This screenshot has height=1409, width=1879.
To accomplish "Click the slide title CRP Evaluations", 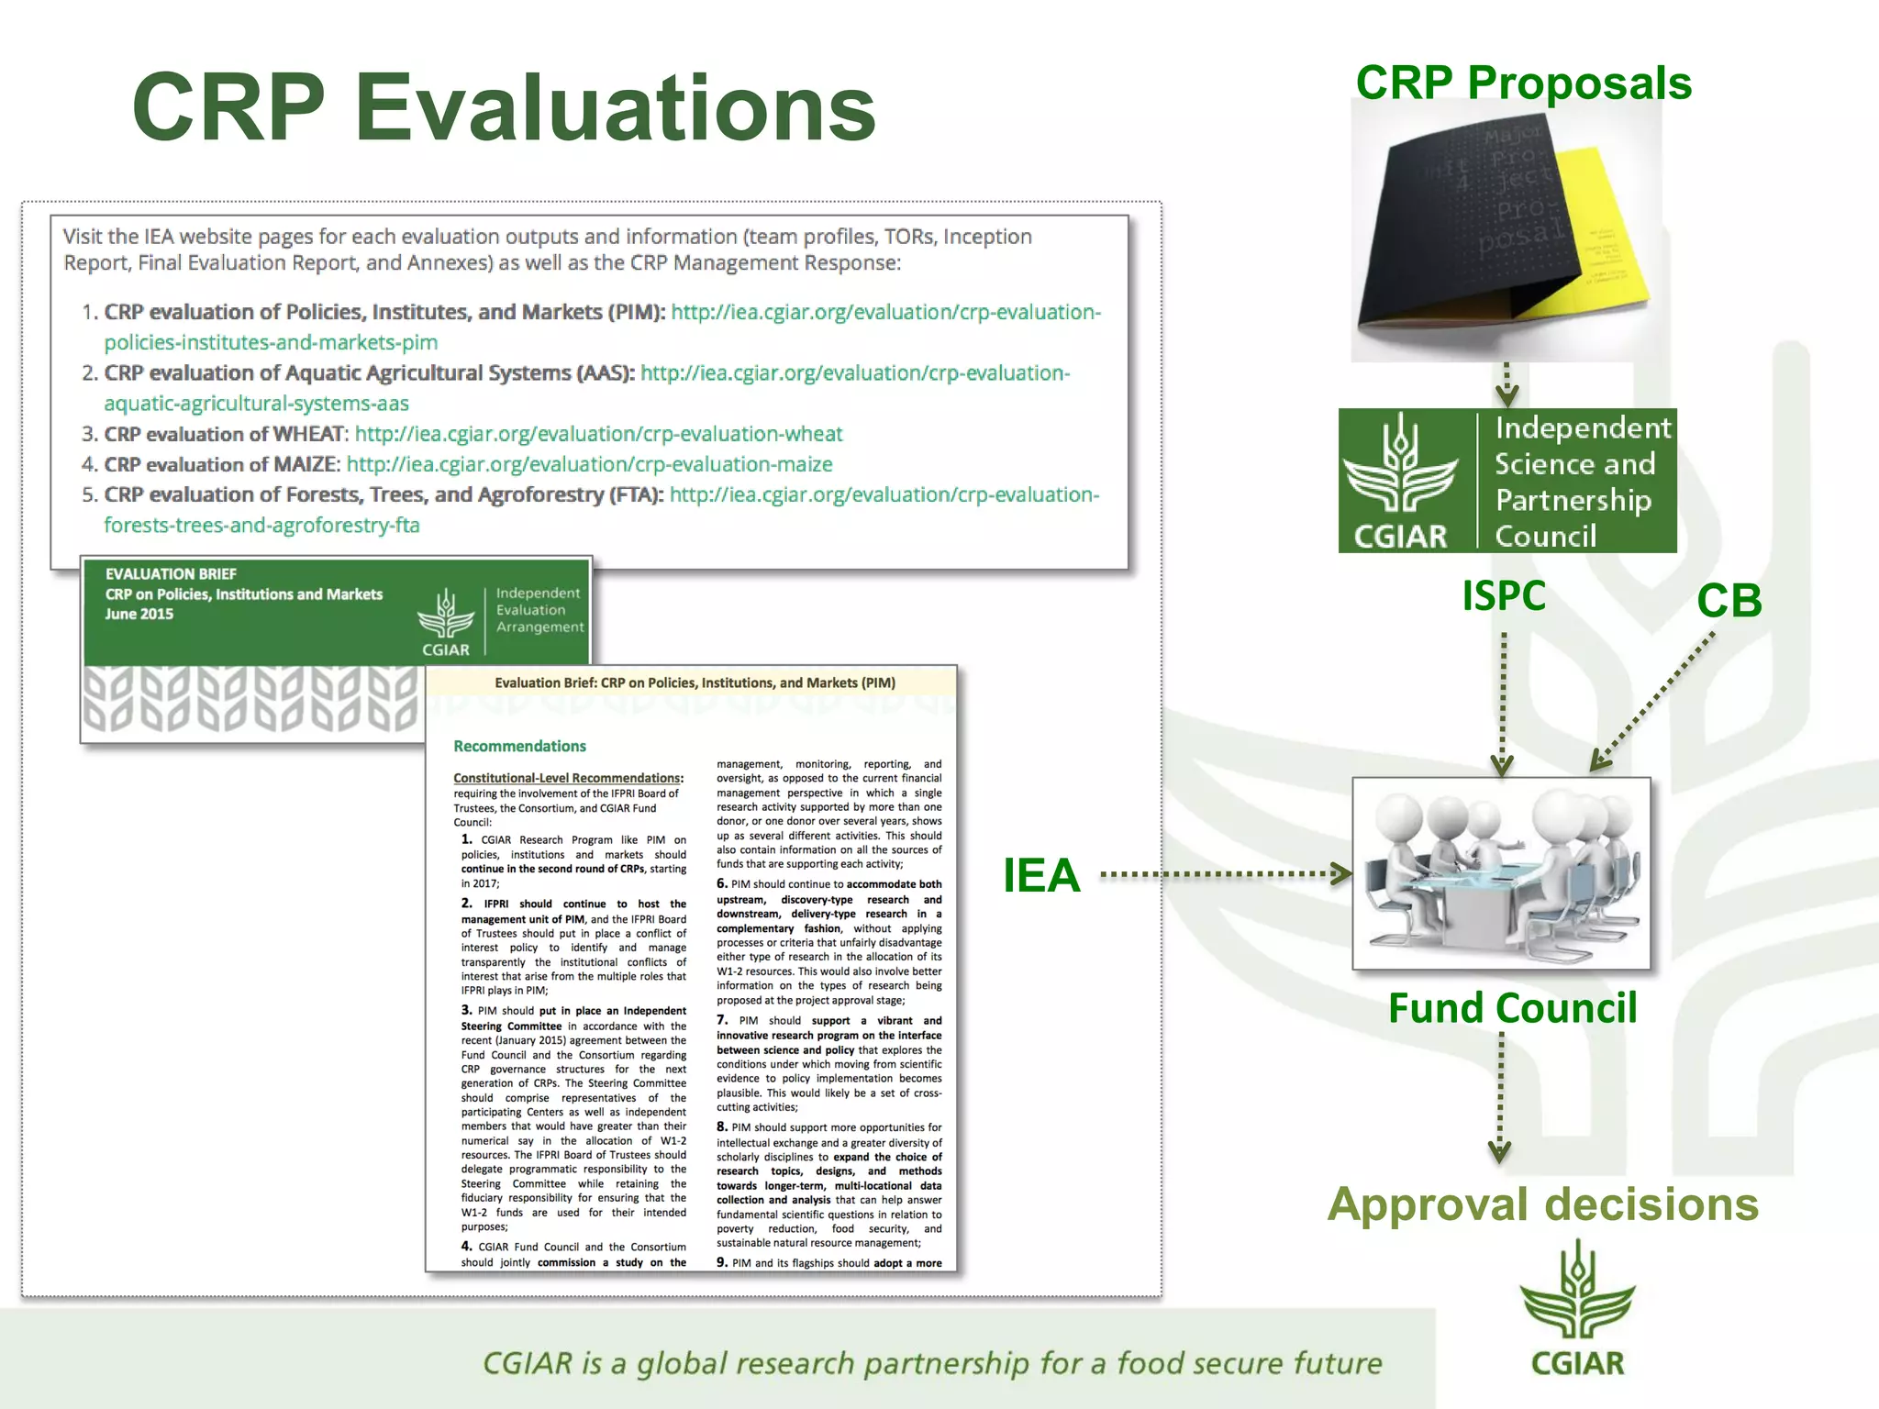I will pyautogui.click(x=504, y=107).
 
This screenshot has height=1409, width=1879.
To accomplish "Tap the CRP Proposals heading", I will pyautogui.click(x=1523, y=83).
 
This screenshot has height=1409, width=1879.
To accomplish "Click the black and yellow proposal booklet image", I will pyautogui.click(x=1505, y=231).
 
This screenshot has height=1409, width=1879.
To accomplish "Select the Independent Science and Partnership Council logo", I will pyautogui.click(x=1507, y=481).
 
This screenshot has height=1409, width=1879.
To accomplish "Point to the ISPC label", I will pyautogui.click(x=1503, y=595).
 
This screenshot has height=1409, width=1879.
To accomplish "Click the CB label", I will pyautogui.click(x=1729, y=601).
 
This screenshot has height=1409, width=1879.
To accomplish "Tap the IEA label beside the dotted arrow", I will pyautogui.click(x=1040, y=874).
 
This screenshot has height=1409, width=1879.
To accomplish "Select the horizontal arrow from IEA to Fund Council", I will pyautogui.click(x=1225, y=874).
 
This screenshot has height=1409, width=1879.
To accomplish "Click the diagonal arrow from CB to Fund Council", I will pyautogui.click(x=1651, y=702).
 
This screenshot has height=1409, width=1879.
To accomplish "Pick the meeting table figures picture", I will pyautogui.click(x=1501, y=873).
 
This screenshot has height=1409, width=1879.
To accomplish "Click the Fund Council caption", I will pyautogui.click(x=1511, y=1007).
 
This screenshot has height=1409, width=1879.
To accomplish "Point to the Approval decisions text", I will pyautogui.click(x=1542, y=1204).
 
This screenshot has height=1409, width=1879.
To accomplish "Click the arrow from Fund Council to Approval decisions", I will pyautogui.click(x=1500, y=1097).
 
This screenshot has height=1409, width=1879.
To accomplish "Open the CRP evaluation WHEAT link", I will pyautogui.click(x=598, y=434).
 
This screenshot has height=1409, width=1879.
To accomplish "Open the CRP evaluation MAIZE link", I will pyautogui.click(x=589, y=464).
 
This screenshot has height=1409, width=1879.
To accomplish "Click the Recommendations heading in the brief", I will pyautogui.click(x=519, y=746).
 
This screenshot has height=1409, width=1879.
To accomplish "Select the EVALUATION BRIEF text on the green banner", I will pyautogui.click(x=171, y=574).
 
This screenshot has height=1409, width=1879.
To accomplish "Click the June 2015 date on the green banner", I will pyautogui.click(x=139, y=614).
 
